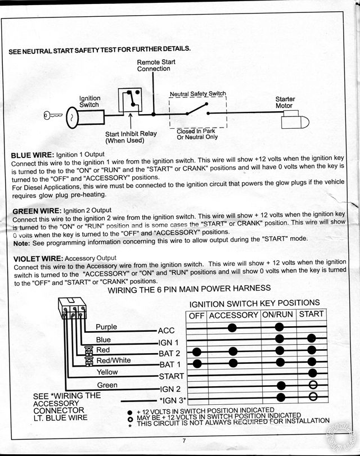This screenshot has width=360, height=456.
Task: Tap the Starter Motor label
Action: click(285, 102)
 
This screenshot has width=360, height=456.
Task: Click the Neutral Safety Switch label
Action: click(197, 94)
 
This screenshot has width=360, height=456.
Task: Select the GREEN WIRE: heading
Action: click(35, 210)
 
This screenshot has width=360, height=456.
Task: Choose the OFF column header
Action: click(196, 315)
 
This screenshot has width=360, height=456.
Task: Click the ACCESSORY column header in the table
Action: click(233, 315)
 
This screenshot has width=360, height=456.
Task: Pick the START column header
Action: click(312, 314)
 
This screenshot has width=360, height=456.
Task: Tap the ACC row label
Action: click(166, 331)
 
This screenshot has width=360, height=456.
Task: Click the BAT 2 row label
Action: click(169, 353)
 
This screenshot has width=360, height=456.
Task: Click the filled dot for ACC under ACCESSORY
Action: click(232, 327)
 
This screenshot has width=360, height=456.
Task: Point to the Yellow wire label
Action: click(107, 372)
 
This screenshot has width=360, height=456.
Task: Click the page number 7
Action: click(184, 440)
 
